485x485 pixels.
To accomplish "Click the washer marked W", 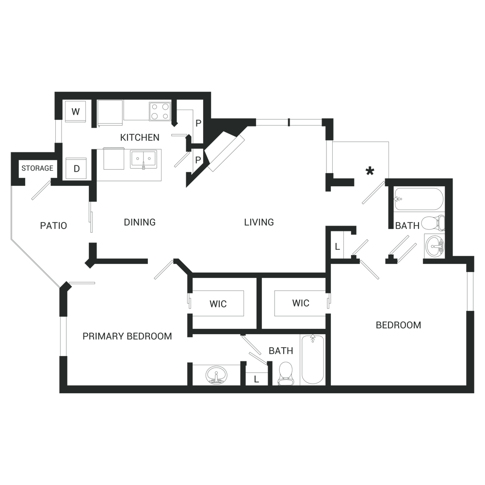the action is click(x=75, y=112).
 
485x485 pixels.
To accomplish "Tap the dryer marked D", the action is click(x=76, y=168).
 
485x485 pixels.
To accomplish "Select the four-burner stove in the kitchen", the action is click(x=160, y=111).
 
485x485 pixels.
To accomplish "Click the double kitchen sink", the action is click(x=143, y=158).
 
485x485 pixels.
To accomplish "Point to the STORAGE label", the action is click(x=37, y=168).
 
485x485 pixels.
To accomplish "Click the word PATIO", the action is click(x=53, y=226).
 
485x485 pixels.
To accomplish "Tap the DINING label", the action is click(x=140, y=222).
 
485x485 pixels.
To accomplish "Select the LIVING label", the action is click(x=259, y=222).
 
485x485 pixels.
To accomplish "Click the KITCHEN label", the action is click(x=140, y=138).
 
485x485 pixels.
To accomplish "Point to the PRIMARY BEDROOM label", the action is click(x=127, y=336).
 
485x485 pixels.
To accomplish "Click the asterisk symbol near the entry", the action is click(x=370, y=171).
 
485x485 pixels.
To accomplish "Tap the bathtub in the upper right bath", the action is click(x=419, y=199).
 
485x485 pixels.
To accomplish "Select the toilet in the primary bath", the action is click(x=286, y=374).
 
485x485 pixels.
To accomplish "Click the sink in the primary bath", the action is click(x=216, y=375).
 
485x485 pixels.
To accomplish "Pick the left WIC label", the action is click(x=218, y=304).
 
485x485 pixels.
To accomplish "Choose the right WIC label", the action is click(x=301, y=303).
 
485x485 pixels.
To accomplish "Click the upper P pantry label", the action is click(x=198, y=123).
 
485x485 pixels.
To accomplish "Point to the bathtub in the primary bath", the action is click(x=313, y=359).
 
